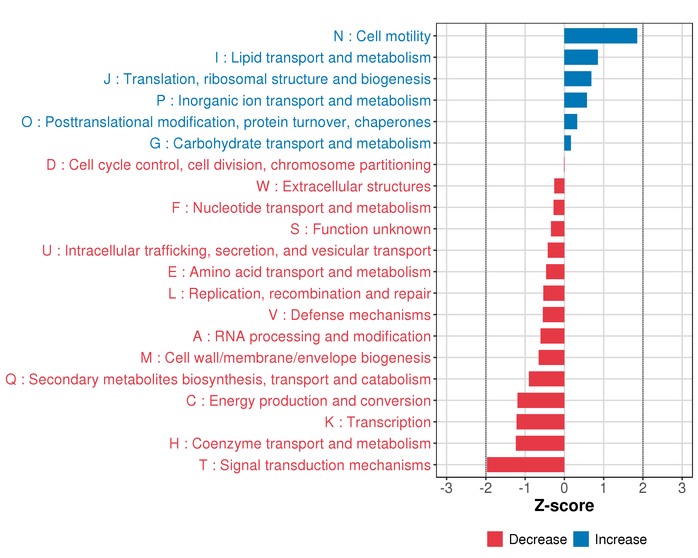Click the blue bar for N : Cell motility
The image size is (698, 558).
pos(601,36)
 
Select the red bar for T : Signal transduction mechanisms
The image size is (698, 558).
pos(525,465)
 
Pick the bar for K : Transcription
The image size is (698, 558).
pos(540,422)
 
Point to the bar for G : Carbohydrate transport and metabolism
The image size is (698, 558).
pos(567,143)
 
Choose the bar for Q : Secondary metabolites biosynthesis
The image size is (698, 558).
pos(547,379)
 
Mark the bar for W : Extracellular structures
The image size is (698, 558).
pos(559,186)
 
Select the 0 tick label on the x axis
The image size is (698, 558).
pos(564,488)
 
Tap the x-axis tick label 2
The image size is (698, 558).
pos(643,488)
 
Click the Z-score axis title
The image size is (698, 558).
pos(564,506)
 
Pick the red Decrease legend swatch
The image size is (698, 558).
pos(495,539)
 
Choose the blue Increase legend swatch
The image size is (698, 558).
pos(581,539)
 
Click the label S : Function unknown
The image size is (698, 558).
pos(360,229)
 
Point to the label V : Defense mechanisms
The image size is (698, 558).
pos(350,315)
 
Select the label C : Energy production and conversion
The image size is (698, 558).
pos(309,401)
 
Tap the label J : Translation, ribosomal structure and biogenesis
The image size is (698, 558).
pos(267,79)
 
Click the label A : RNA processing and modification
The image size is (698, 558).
pos(312,336)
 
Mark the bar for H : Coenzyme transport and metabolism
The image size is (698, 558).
pos(540,443)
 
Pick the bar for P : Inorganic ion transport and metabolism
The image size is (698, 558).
pos(575,100)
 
